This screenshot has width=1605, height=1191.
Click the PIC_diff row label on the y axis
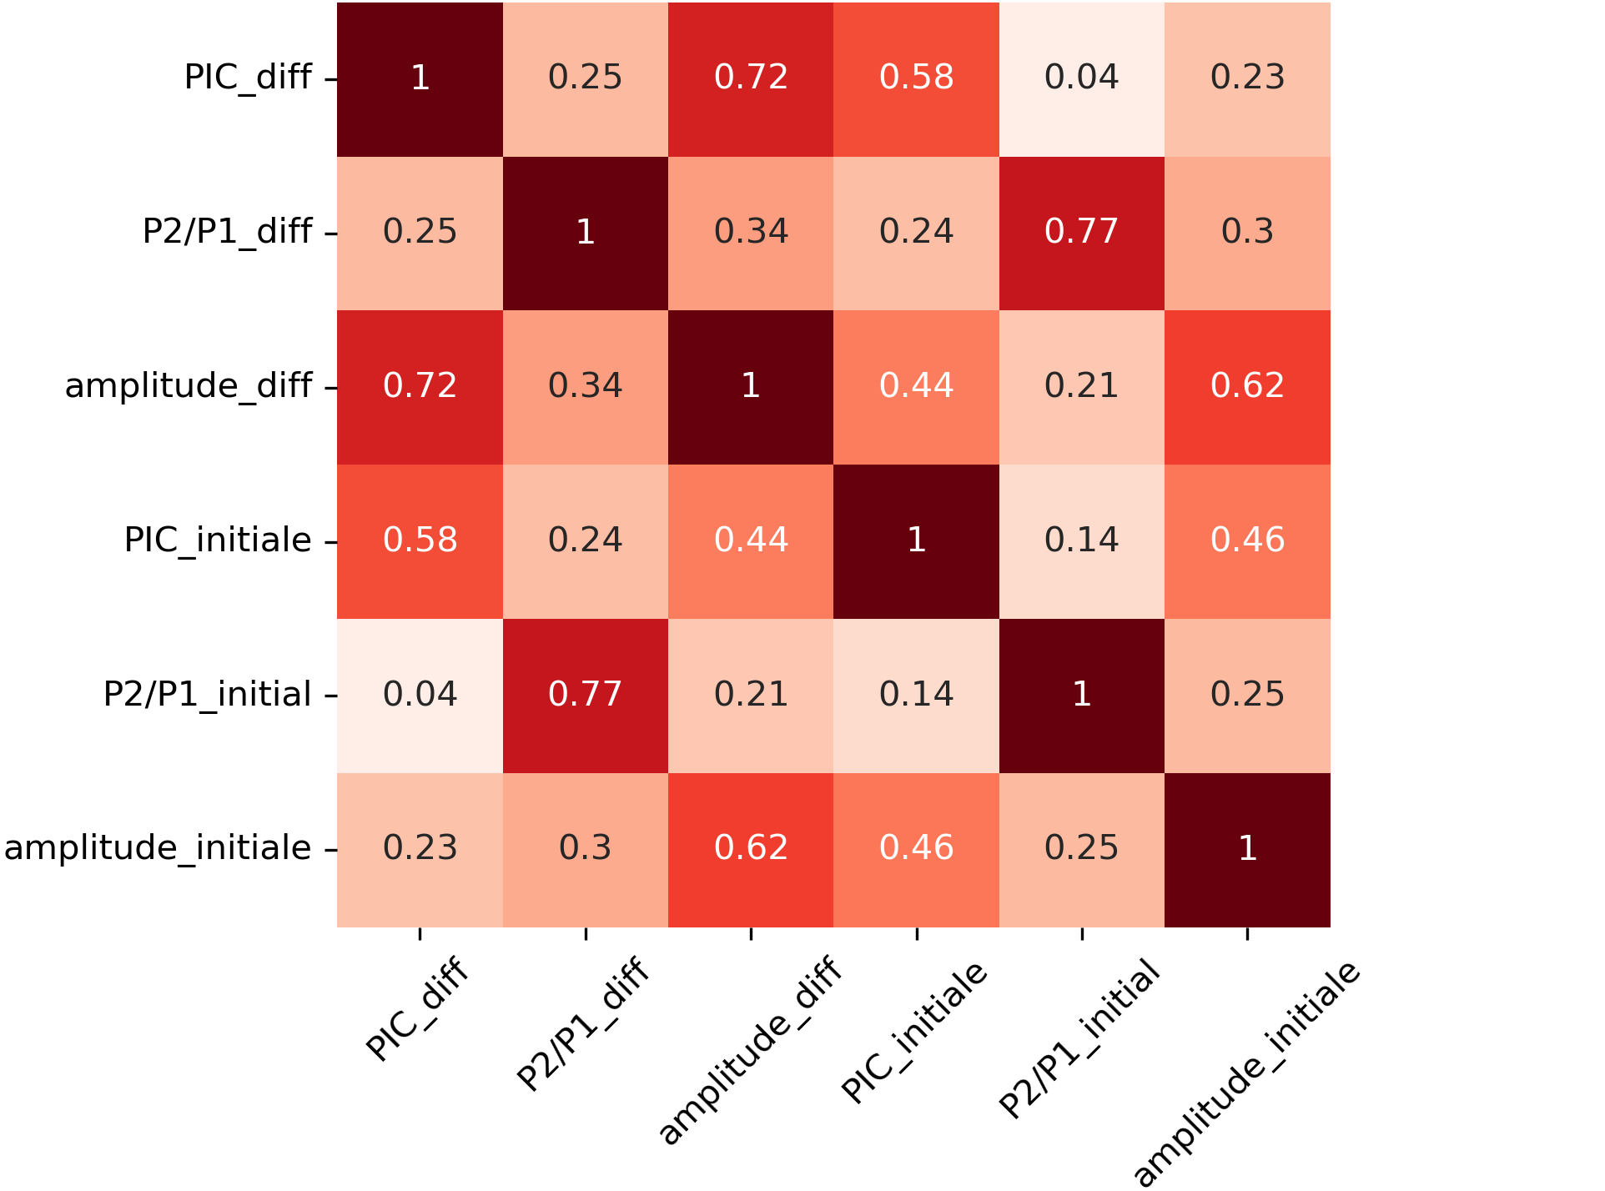pos(248,78)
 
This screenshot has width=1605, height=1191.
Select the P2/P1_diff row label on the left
pos(227,232)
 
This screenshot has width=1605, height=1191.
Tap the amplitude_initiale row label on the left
pos(158,848)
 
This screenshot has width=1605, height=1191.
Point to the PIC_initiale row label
pos(218,540)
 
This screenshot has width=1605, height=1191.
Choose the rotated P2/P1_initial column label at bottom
pos(1079,1038)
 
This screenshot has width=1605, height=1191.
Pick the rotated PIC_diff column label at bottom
pos(418,1009)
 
